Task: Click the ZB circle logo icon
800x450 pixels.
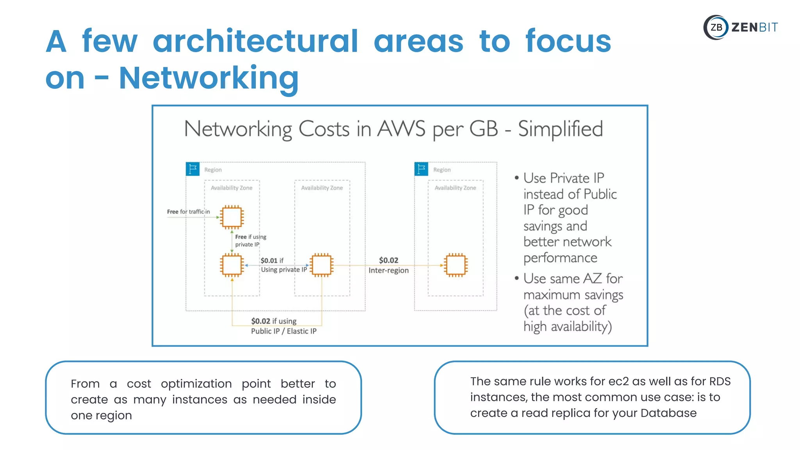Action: (716, 27)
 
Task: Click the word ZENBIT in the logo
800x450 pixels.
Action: (754, 27)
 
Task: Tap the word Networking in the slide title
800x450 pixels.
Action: (209, 78)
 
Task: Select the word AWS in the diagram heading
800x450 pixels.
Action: (401, 129)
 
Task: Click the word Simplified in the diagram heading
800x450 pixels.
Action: (560, 129)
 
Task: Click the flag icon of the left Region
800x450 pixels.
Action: (193, 169)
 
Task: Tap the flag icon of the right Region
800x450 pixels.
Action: (421, 169)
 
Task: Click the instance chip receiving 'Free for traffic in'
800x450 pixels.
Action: (232, 217)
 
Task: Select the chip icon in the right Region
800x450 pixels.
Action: (455, 265)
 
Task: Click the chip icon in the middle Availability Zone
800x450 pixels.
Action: (321, 265)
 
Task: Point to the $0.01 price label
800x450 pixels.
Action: (269, 261)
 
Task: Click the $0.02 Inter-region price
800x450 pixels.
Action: (388, 261)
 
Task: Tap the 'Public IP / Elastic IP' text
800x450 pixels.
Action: (284, 331)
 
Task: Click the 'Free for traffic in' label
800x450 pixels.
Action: (188, 212)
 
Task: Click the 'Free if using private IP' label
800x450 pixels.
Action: (250, 241)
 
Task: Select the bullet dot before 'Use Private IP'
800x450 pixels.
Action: (516, 178)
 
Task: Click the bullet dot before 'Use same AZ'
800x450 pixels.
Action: (516, 279)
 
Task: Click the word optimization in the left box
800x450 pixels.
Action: (196, 384)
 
